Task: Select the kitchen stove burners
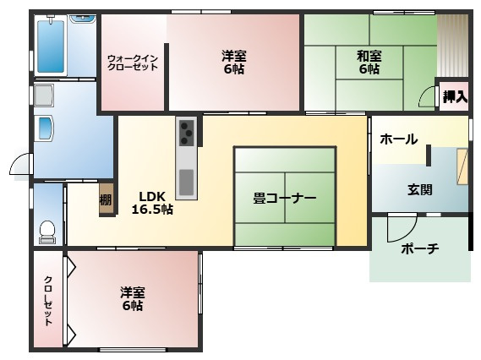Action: click(x=185, y=131)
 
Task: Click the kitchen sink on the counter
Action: click(x=185, y=180)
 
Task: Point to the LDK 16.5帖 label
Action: click(x=152, y=202)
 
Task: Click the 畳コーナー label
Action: click(x=285, y=199)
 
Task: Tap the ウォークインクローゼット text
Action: click(x=132, y=63)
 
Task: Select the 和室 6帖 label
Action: click(x=369, y=63)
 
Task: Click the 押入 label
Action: click(x=455, y=96)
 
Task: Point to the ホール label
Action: click(x=397, y=139)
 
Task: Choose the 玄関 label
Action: click(x=420, y=189)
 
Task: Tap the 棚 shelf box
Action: click(x=106, y=200)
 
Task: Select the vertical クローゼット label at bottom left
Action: click(x=48, y=301)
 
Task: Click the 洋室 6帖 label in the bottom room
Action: click(x=132, y=298)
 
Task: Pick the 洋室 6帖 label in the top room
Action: click(x=234, y=63)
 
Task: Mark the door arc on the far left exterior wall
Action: click(x=21, y=165)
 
